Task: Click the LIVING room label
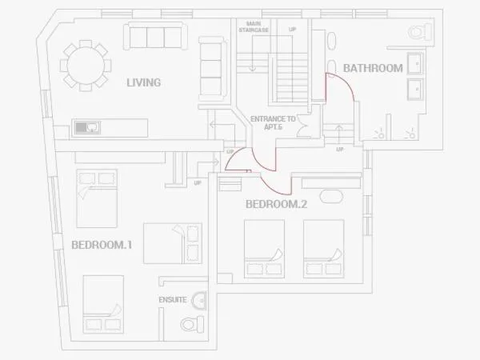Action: (143, 82)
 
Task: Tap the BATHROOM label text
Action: (373, 68)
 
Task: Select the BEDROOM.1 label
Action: (102, 245)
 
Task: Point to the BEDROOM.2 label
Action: (276, 204)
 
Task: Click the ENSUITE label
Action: (173, 300)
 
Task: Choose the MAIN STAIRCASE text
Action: (254, 26)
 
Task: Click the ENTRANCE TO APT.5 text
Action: (273, 122)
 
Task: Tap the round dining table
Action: (86, 66)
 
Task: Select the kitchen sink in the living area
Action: (87, 127)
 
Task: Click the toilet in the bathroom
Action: (420, 31)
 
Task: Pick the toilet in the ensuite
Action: (192, 325)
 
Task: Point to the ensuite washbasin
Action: (199, 300)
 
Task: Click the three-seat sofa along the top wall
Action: (155, 36)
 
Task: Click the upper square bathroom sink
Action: (415, 63)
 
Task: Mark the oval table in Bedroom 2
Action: (331, 196)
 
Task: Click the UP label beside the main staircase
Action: (292, 30)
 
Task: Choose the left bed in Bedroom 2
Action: (264, 249)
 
